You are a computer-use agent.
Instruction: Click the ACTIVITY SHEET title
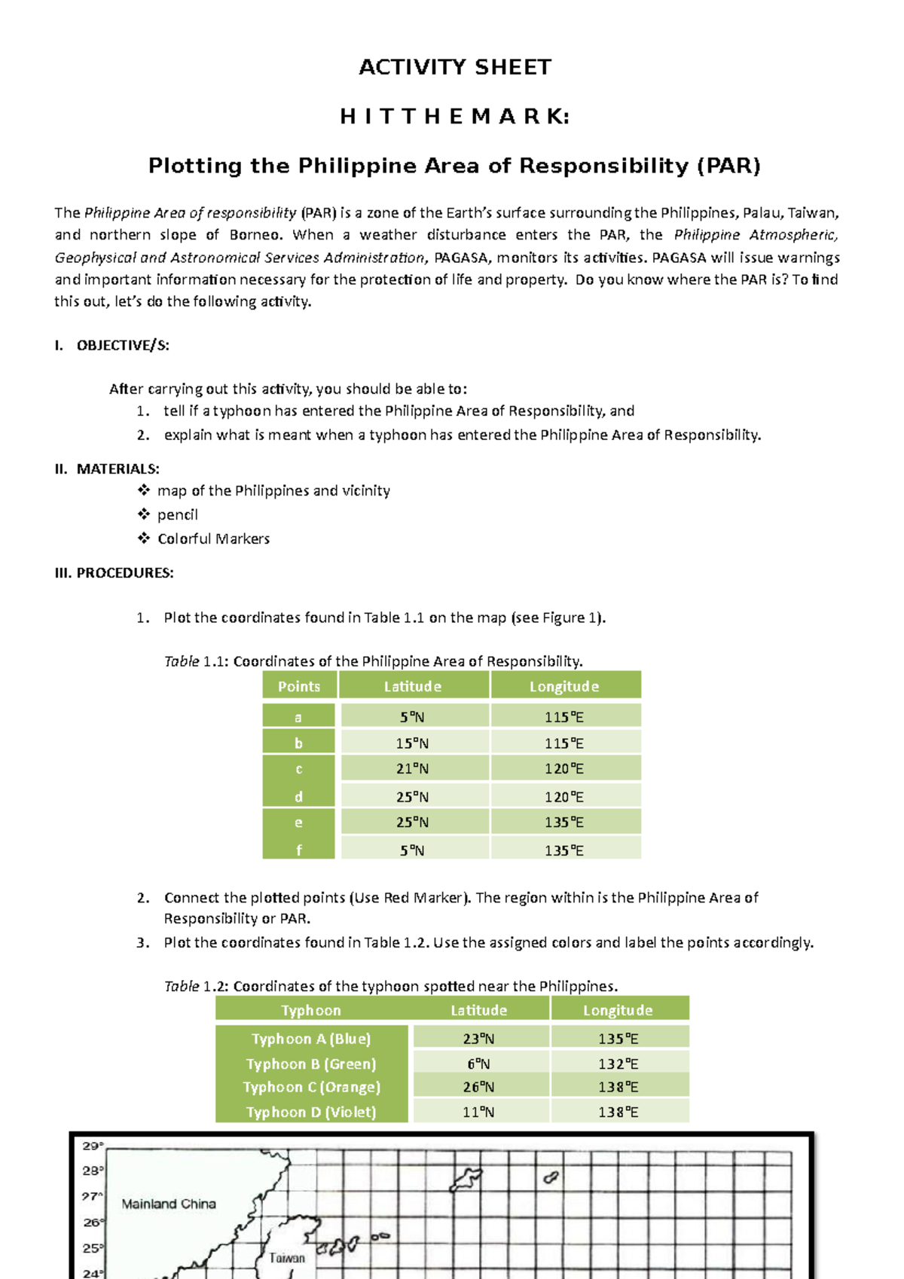click(454, 68)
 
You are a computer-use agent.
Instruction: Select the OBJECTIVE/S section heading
click(122, 346)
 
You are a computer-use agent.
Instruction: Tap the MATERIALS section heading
click(118, 469)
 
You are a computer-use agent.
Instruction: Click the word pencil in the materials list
click(177, 515)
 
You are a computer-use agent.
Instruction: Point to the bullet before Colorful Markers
click(144, 539)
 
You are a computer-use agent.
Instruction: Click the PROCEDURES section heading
click(124, 573)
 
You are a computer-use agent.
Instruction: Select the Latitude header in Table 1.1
click(412, 686)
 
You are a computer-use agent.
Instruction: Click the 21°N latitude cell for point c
click(412, 769)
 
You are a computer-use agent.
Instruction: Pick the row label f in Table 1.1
click(298, 850)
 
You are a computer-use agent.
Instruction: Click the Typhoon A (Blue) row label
click(311, 1039)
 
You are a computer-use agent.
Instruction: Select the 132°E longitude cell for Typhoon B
click(618, 1064)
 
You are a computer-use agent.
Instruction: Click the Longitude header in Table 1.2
click(618, 1010)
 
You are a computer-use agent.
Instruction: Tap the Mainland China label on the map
click(169, 1204)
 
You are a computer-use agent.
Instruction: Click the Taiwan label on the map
click(287, 1258)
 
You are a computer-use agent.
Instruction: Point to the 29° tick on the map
click(93, 1146)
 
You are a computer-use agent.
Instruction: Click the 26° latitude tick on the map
click(93, 1223)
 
